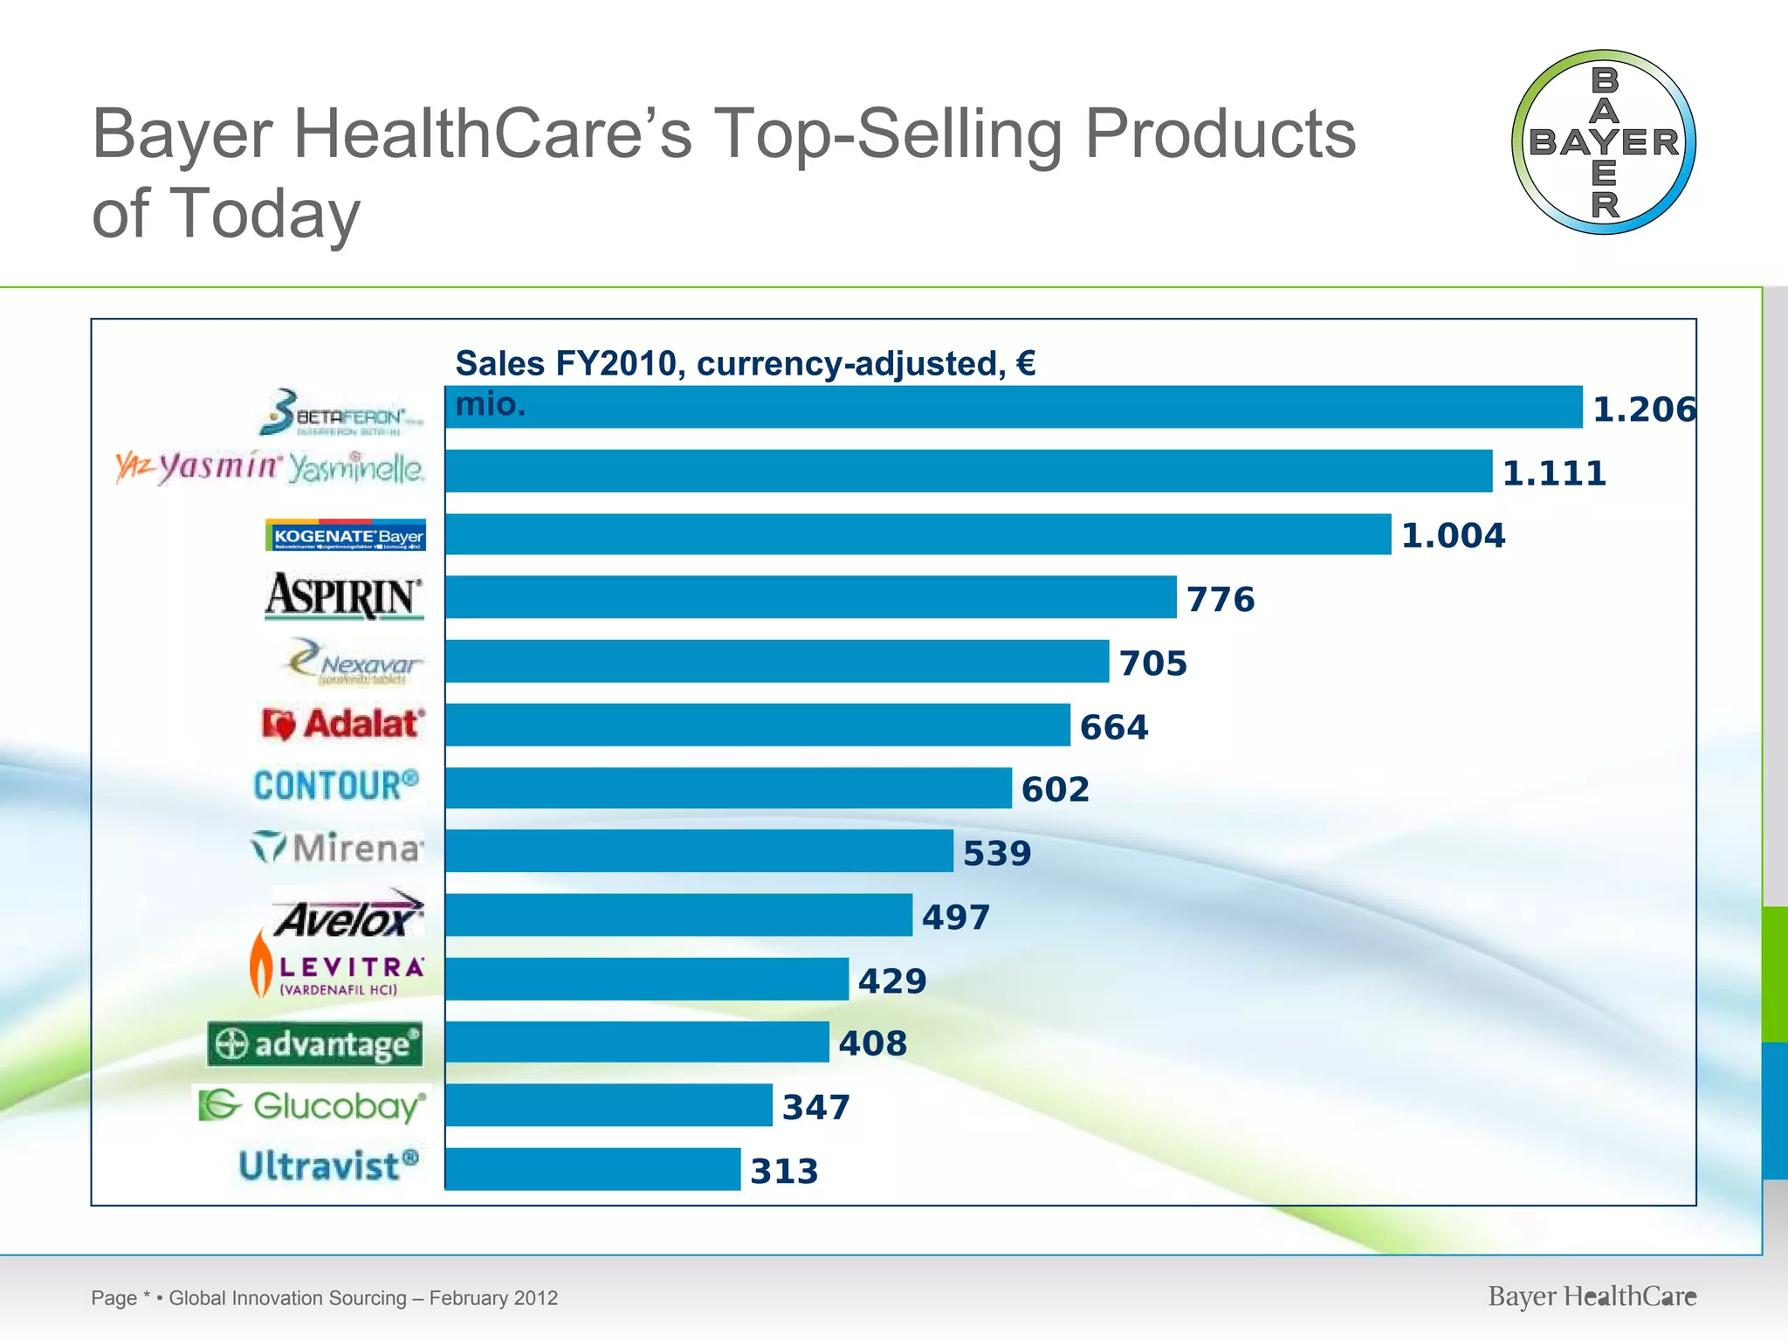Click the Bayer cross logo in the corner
1603,142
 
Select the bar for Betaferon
1013,408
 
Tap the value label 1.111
1554,473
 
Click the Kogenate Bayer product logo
346,535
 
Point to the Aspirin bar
810,597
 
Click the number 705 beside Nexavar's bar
1153,664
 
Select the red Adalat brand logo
343,724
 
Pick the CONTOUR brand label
336,786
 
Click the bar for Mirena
698,850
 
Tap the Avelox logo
348,914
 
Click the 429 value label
891,981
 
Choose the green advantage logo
315,1044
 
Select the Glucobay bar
609,1105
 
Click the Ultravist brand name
329,1166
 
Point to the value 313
784,1172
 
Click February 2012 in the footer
493,1298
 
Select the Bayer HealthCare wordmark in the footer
1592,1296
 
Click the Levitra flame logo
261,964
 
